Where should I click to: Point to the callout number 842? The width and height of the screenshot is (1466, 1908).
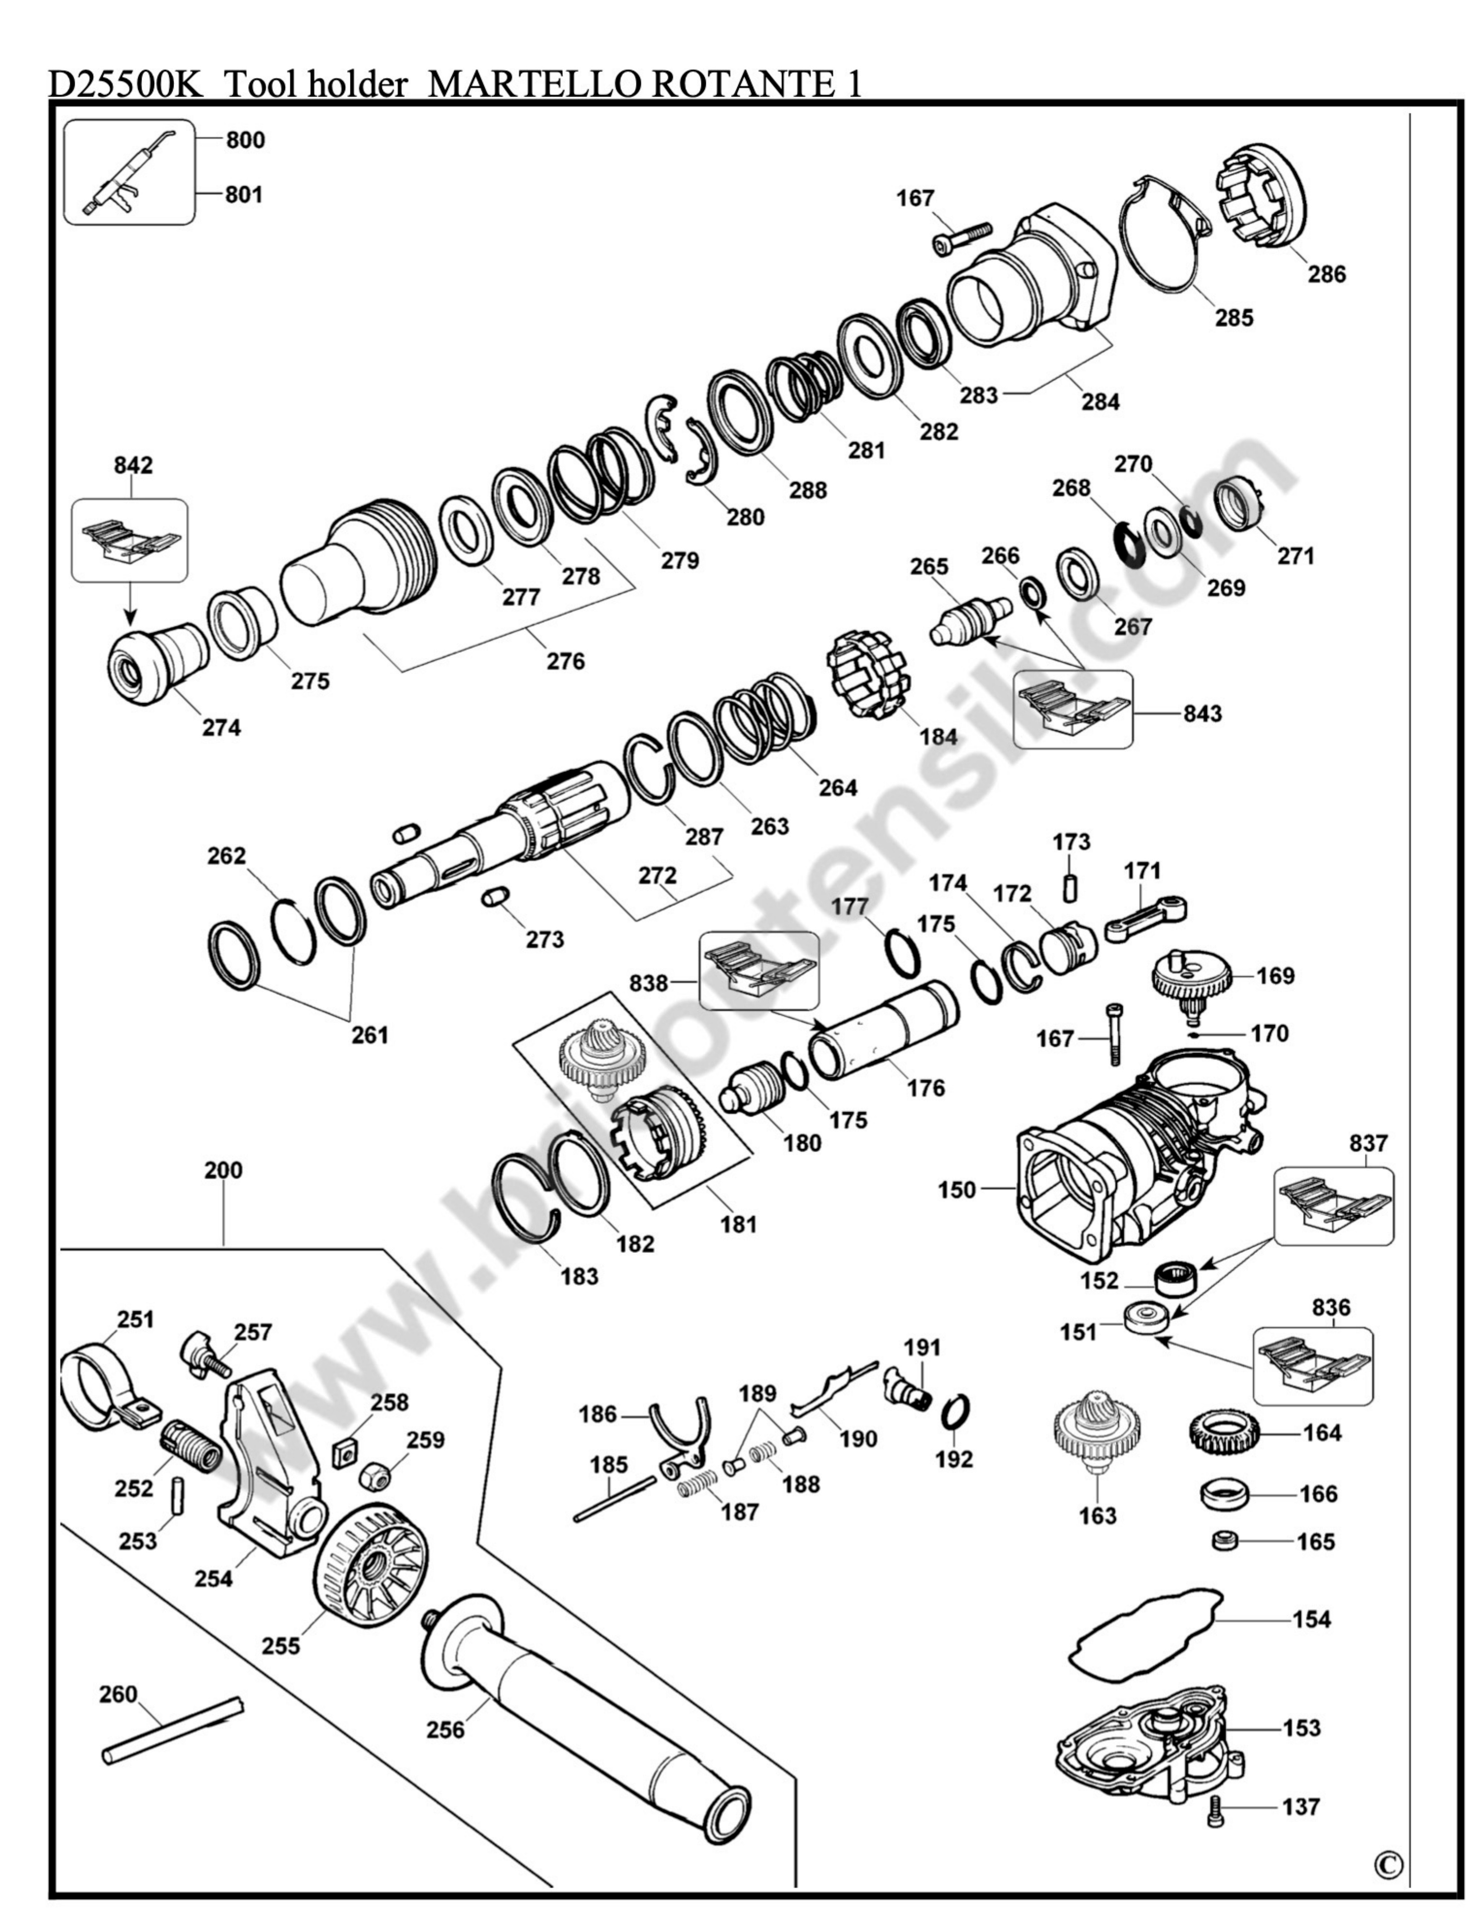point(133,465)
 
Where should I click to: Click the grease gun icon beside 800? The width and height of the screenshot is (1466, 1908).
point(128,173)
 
